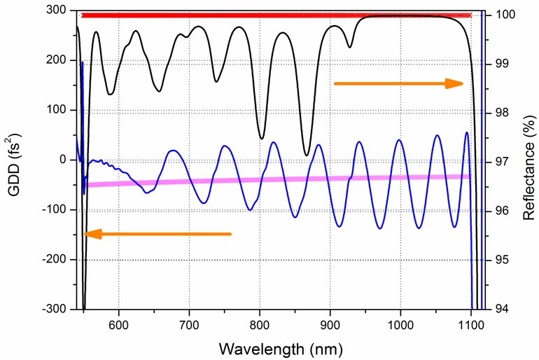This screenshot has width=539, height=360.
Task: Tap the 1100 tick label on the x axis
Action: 470,325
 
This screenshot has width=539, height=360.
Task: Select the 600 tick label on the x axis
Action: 119,325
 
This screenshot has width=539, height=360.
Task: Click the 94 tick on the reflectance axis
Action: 503,309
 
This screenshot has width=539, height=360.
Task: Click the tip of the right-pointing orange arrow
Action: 463,83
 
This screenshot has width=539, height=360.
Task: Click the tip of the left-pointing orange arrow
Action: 84,234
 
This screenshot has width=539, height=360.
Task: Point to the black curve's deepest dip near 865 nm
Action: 306,155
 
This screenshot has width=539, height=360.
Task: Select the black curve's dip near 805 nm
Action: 262,138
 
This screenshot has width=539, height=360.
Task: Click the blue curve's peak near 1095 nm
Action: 467,132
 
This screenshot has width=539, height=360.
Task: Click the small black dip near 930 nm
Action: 350,47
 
